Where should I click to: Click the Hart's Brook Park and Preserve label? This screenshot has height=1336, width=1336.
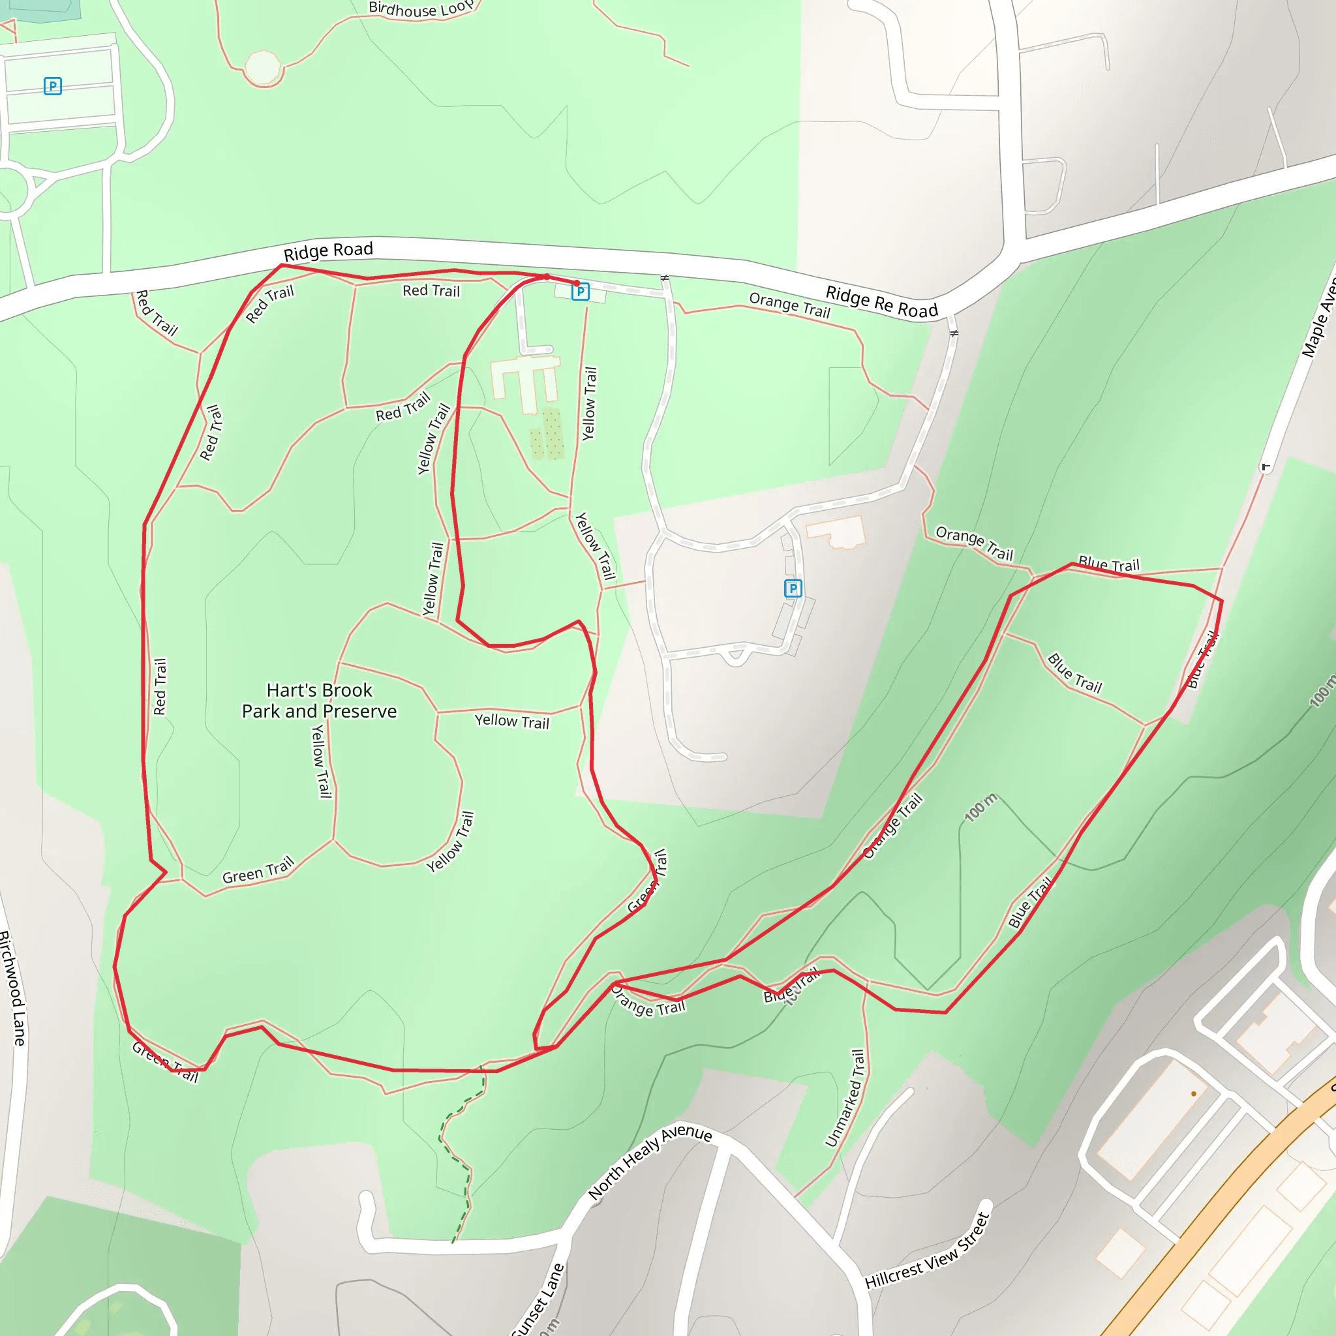(319, 701)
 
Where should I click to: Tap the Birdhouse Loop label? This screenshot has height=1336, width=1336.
(419, 9)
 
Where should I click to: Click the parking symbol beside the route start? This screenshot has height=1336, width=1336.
(580, 292)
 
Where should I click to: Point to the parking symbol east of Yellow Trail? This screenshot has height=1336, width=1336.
(793, 588)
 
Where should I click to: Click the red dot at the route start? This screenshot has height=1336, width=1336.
(577, 283)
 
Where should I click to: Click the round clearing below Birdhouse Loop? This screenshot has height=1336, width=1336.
(263, 68)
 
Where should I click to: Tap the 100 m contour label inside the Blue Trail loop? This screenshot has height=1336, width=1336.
(980, 808)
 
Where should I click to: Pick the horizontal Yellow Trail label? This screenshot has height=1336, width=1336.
(511, 721)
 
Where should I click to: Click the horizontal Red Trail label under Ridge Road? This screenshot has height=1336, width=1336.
(431, 290)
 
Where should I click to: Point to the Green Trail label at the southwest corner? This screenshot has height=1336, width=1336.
(164, 1062)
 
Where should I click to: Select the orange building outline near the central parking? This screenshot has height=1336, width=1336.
(836, 532)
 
